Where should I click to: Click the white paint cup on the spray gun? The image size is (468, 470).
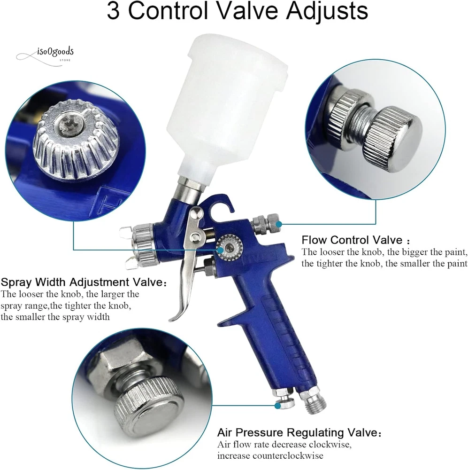230,108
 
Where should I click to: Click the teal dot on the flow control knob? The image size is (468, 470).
279,224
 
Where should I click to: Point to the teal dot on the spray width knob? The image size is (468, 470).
221,250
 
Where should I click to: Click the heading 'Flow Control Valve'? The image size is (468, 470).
352,240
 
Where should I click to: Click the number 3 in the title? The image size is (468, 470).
113,11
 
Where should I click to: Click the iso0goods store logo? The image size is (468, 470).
45,55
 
